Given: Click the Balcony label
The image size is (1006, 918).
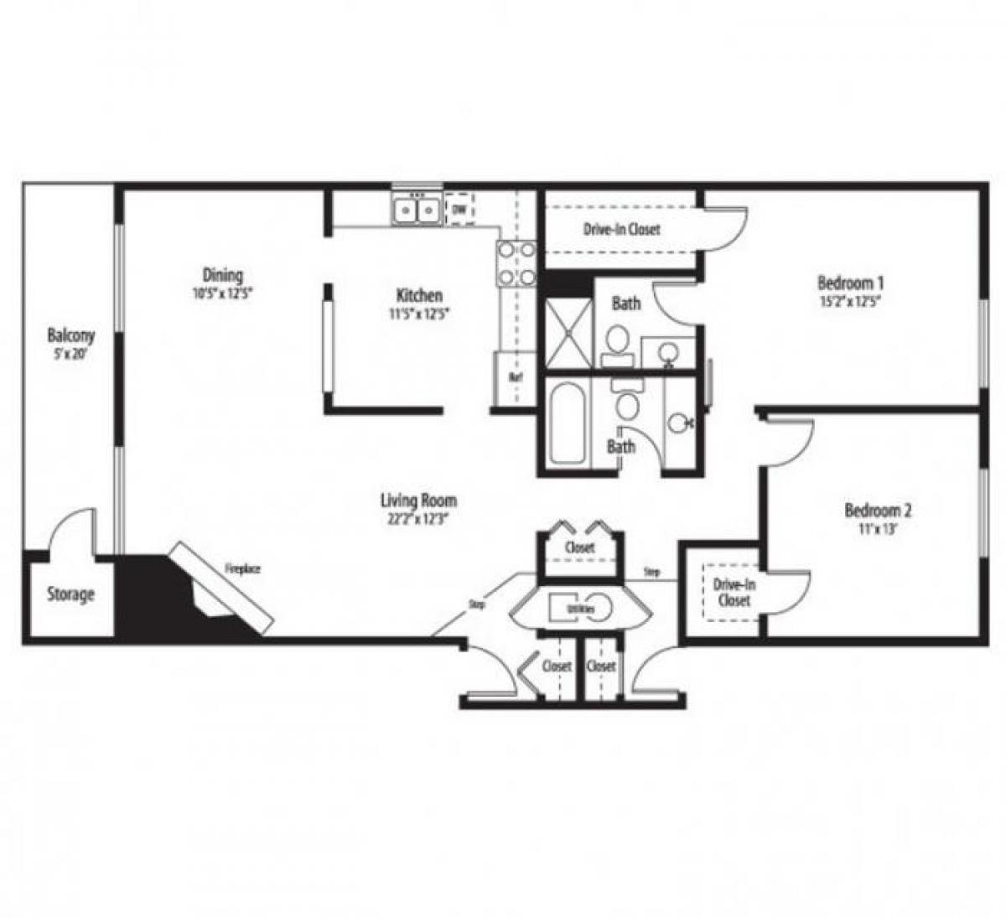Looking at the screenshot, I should (70, 335).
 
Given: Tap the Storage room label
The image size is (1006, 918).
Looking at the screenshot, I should (70, 594).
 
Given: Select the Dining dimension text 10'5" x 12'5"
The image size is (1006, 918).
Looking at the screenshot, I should (222, 293).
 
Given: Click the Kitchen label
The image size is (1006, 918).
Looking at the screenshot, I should (419, 295).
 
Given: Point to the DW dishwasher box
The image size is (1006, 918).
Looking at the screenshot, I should (459, 210).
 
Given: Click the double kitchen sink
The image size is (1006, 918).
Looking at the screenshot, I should (417, 209).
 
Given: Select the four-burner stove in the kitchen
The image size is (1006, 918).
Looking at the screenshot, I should (516, 262).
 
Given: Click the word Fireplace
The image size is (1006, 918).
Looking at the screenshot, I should (242, 569).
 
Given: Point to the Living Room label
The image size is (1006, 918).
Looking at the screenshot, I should (419, 500).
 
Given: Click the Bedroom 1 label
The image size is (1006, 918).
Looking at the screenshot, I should (851, 283).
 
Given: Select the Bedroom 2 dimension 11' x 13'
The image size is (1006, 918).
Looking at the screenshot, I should (878, 529).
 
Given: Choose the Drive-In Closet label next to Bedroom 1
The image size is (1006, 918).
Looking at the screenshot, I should (621, 229).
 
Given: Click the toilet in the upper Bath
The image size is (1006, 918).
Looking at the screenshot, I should (618, 342).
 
